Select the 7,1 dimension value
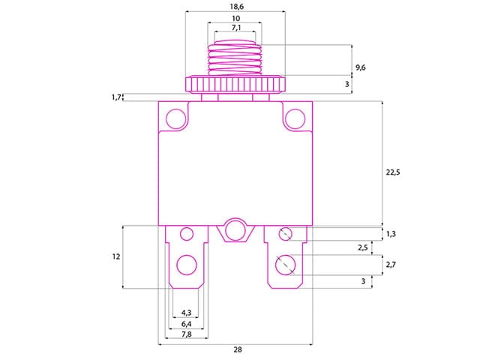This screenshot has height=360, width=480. tap(235, 28)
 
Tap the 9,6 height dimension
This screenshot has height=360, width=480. tap(361, 67)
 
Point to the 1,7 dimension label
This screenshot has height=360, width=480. tap(116, 97)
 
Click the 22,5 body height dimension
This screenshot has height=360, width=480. tap(392, 172)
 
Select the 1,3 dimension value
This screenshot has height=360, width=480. tap(391, 234)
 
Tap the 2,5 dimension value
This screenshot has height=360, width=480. tap(362, 247)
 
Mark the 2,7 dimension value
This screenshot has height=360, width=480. tap(391, 265)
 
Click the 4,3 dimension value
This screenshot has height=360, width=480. tap(186, 313)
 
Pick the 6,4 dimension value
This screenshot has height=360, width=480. tap(186, 323)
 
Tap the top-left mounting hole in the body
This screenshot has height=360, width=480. tap(175, 118)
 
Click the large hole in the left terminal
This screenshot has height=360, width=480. tap(184, 264)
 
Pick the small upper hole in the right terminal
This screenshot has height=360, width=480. tap(285, 234)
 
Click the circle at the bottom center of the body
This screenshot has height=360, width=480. tap(235, 229)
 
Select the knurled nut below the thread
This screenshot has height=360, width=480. tap(235, 82)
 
